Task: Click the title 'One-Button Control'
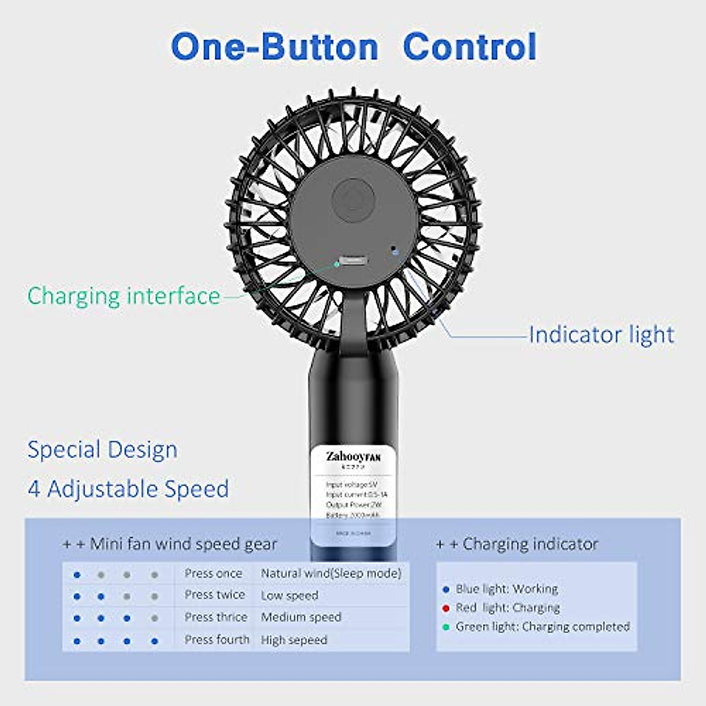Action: coord(354,47)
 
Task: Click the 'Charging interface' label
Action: coord(124,296)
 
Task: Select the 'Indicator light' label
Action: coord(601,335)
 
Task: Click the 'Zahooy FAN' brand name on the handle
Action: coord(353,457)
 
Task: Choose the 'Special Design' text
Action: coord(102,450)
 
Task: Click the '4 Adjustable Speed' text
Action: coord(128,489)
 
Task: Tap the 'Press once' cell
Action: coord(213,574)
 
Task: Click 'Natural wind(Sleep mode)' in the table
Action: coord(331,574)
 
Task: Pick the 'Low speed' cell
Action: coord(289,595)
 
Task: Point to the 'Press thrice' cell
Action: coord(215,617)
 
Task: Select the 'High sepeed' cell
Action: coord(294,640)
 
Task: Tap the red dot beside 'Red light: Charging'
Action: coord(446,608)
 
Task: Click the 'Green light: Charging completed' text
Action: coord(542,627)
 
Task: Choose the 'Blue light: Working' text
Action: coord(507,589)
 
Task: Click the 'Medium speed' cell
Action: coord(301,617)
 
